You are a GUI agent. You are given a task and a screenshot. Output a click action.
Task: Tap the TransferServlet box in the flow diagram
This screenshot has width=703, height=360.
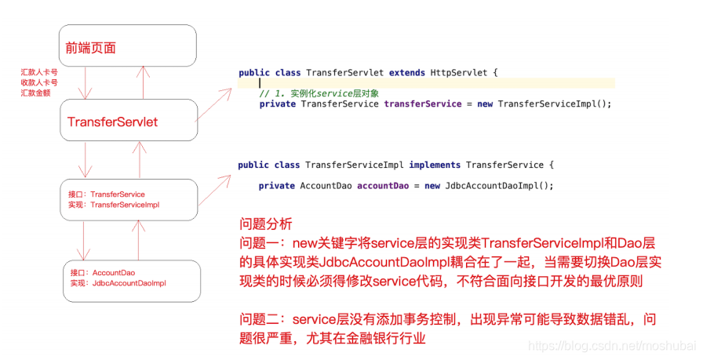click(x=113, y=122)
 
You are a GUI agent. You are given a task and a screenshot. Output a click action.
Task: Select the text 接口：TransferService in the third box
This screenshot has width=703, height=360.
click(x=107, y=194)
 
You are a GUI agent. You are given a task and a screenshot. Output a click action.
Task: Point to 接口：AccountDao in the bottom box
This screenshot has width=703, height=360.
click(x=103, y=272)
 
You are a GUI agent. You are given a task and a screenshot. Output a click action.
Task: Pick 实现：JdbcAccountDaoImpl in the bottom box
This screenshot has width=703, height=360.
click(x=118, y=282)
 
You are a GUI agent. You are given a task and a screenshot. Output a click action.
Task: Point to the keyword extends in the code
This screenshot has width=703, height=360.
click(x=407, y=73)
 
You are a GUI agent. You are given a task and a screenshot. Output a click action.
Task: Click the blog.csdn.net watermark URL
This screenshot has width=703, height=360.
click(x=611, y=346)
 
